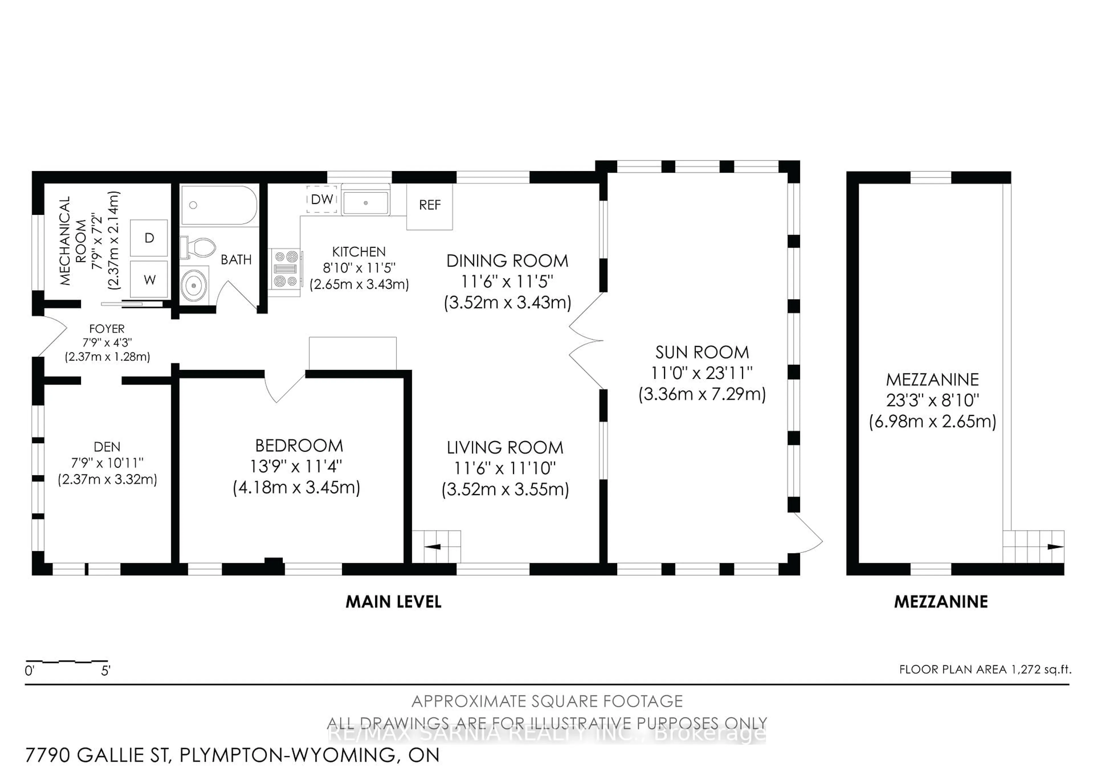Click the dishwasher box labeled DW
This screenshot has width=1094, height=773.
(322, 199)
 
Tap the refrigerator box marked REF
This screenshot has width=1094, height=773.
(429, 205)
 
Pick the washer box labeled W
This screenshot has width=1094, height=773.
(149, 280)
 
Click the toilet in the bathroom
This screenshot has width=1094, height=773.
(199, 248)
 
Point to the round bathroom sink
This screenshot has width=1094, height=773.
(194, 285)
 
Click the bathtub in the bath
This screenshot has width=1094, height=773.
(219, 205)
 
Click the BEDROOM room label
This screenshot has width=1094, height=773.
(299, 446)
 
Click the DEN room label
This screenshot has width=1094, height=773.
(107, 447)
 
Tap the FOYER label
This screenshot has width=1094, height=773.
(107, 329)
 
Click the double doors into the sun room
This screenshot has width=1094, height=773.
(586, 341)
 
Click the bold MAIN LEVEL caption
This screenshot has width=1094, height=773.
(393, 602)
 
